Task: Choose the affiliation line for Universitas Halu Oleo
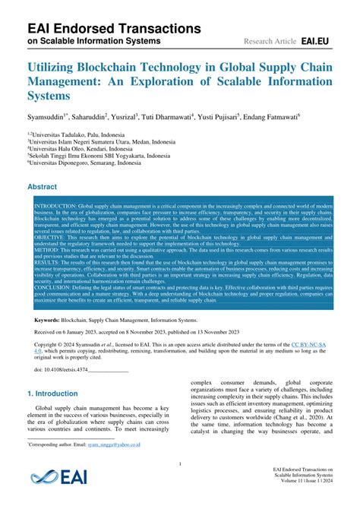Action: tap(77, 148)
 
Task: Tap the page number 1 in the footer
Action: tap(179, 463)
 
